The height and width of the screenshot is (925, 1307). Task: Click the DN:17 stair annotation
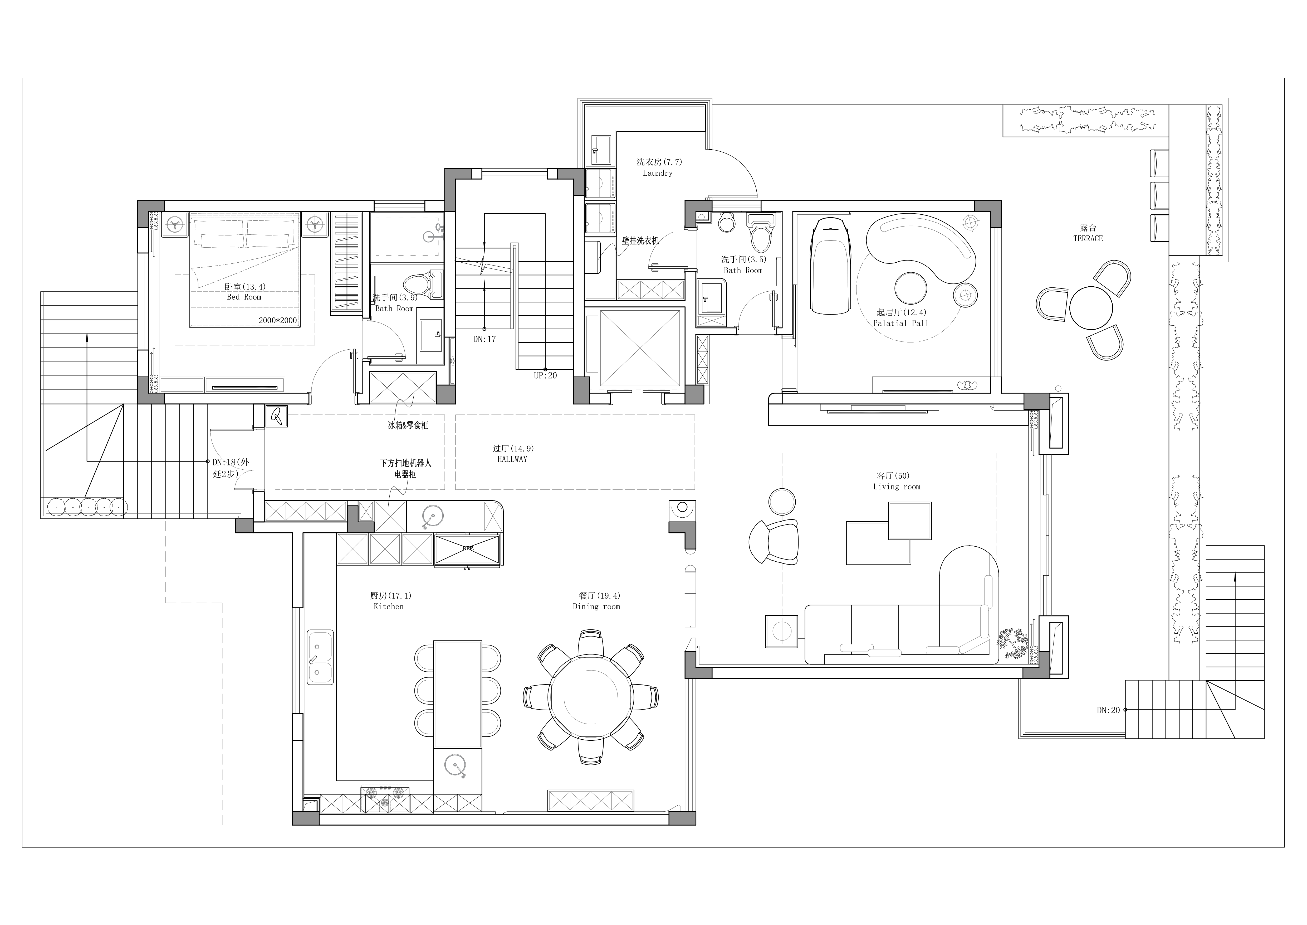[x=484, y=339]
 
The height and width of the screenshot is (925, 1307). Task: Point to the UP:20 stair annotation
[x=545, y=376]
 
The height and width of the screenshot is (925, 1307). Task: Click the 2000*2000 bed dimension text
[x=278, y=321]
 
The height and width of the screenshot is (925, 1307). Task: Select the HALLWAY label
[x=512, y=459]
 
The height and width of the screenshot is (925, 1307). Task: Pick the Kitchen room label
[x=389, y=607]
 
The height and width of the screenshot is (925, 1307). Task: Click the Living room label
[x=897, y=487]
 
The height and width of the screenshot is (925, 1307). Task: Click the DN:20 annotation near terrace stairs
[x=1108, y=710]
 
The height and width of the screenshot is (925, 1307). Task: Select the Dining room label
[x=596, y=607]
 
